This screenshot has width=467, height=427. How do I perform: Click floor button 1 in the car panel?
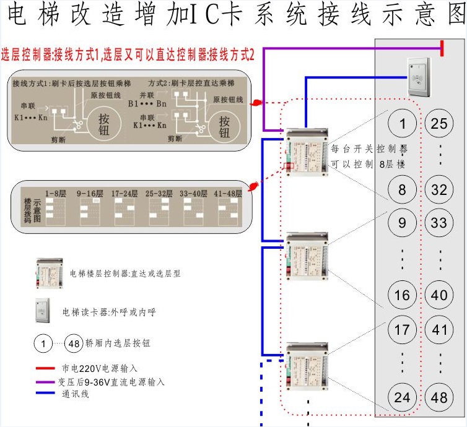click(x=403, y=124)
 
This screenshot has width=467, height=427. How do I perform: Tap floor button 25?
click(x=439, y=124)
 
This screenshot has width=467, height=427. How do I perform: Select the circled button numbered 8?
click(x=403, y=189)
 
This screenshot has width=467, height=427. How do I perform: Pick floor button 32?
click(x=439, y=189)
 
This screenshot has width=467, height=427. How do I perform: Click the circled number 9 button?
click(x=403, y=222)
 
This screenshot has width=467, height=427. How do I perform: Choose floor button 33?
click(x=439, y=222)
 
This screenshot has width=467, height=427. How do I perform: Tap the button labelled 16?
click(x=403, y=295)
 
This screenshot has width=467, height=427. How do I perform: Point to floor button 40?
click(x=439, y=295)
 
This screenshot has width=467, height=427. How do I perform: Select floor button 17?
click(x=403, y=329)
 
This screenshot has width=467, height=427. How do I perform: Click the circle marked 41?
click(x=439, y=329)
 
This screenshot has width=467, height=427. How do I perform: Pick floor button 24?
click(x=403, y=397)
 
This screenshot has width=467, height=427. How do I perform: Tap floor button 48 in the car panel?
click(x=439, y=397)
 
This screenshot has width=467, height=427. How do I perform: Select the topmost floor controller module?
click(x=307, y=152)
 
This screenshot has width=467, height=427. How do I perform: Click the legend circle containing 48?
click(x=73, y=342)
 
